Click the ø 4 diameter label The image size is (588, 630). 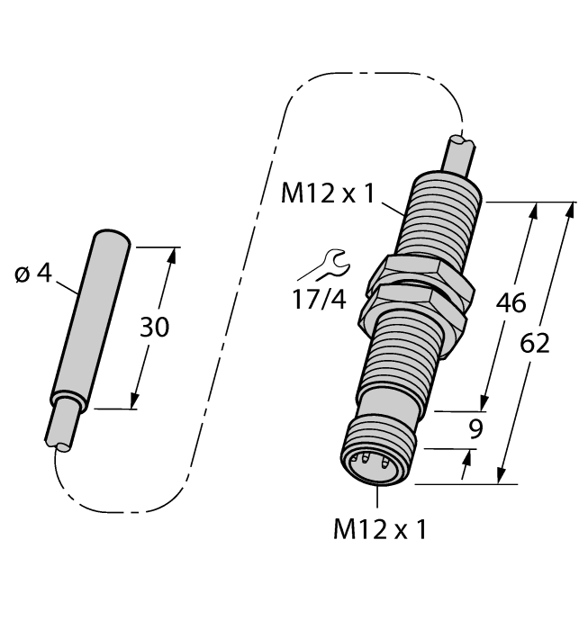tap(33, 274)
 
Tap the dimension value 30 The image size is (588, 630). tap(154, 327)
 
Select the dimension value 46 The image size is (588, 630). tap(511, 303)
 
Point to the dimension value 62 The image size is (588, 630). tap(535, 344)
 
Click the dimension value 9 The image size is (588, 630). tap(475, 429)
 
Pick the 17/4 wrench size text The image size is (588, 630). tap(319, 300)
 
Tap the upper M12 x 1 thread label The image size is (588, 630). tap(328, 193)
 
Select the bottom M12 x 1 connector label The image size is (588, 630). tap(380, 529)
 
